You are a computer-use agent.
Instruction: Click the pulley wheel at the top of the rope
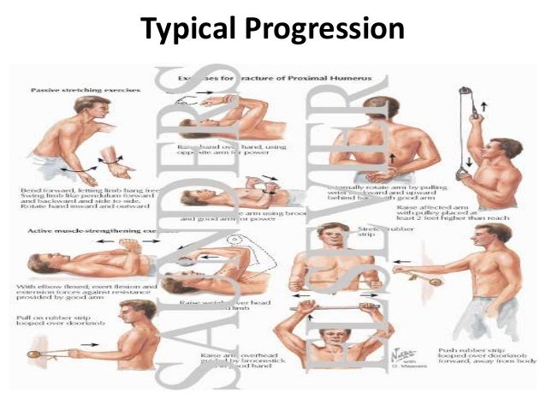pos(465,92)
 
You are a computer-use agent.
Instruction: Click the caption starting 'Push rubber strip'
pos(466,355)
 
